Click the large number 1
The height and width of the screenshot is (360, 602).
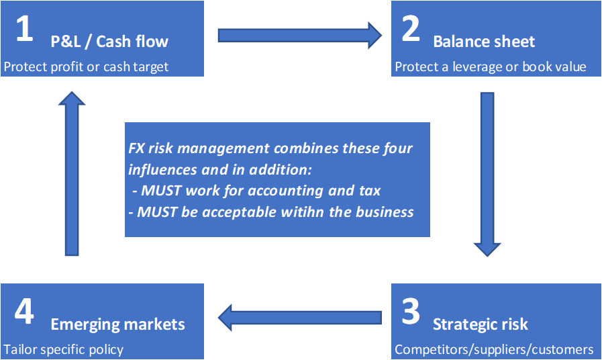point(23,31)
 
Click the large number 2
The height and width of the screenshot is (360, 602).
point(410,31)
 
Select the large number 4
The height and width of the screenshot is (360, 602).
point(23,313)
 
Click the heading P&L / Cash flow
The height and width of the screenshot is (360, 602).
point(109,42)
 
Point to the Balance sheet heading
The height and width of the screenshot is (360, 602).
point(484,42)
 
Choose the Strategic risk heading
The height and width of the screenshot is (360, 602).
point(481,325)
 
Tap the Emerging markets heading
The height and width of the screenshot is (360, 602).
point(117,325)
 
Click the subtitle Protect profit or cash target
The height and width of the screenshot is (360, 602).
point(87,66)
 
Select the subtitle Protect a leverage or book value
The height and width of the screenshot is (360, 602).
point(491,66)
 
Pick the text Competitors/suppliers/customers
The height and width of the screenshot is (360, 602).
point(494,349)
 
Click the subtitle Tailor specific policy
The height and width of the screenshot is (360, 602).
point(64,349)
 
